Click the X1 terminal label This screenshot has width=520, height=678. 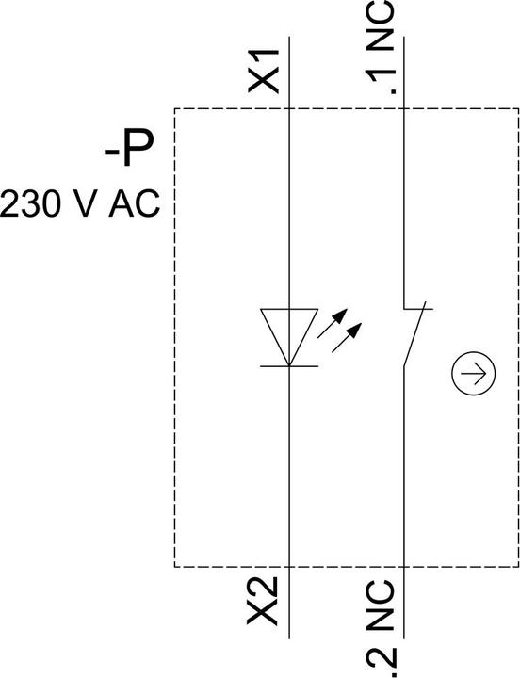(x=263, y=72)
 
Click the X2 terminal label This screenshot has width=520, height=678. (x=262, y=602)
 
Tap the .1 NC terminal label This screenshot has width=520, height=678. (x=381, y=48)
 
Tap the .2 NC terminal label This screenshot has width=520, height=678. (x=381, y=629)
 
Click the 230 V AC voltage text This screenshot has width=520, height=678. (x=80, y=203)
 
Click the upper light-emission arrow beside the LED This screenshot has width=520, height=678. (x=333, y=323)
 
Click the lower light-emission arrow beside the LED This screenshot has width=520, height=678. (x=347, y=338)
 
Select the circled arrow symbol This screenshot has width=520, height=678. (x=473, y=373)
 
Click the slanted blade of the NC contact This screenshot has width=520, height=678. (x=414, y=334)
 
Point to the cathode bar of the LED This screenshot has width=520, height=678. (x=289, y=366)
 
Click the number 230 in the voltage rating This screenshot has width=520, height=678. (x=29, y=203)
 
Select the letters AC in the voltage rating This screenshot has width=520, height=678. (x=135, y=203)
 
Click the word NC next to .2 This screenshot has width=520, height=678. (x=381, y=605)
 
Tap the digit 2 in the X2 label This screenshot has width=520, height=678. (x=262, y=589)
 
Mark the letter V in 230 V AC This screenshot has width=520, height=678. (x=82, y=203)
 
